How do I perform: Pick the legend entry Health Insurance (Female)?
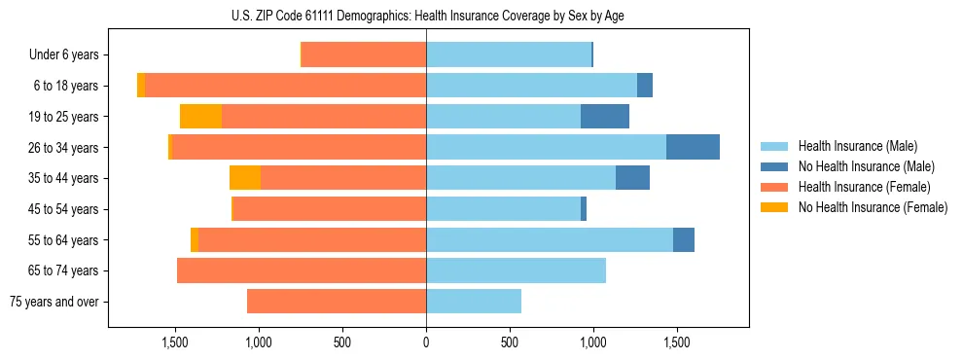pyautogui.click(x=857, y=187)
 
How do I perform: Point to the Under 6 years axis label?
pyautogui.click(x=63, y=55)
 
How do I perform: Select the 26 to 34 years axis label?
pyautogui.click(x=66, y=148)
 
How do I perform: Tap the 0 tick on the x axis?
pyautogui.click(x=426, y=343)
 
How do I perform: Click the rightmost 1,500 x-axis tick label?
pyautogui.click(x=677, y=343)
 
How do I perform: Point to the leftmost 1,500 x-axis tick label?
pyautogui.click(x=175, y=343)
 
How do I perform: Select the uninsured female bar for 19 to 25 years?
pyautogui.click(x=200, y=117)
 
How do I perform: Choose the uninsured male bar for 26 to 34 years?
pyautogui.click(x=693, y=147)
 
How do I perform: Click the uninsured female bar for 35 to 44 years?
pyautogui.click(x=245, y=178)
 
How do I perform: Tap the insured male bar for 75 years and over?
pyautogui.click(x=474, y=302)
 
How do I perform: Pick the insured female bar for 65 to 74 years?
pyautogui.click(x=302, y=270)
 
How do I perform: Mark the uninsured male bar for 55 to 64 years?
pyautogui.click(x=684, y=239)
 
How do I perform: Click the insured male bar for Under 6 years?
pyautogui.click(x=509, y=55)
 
